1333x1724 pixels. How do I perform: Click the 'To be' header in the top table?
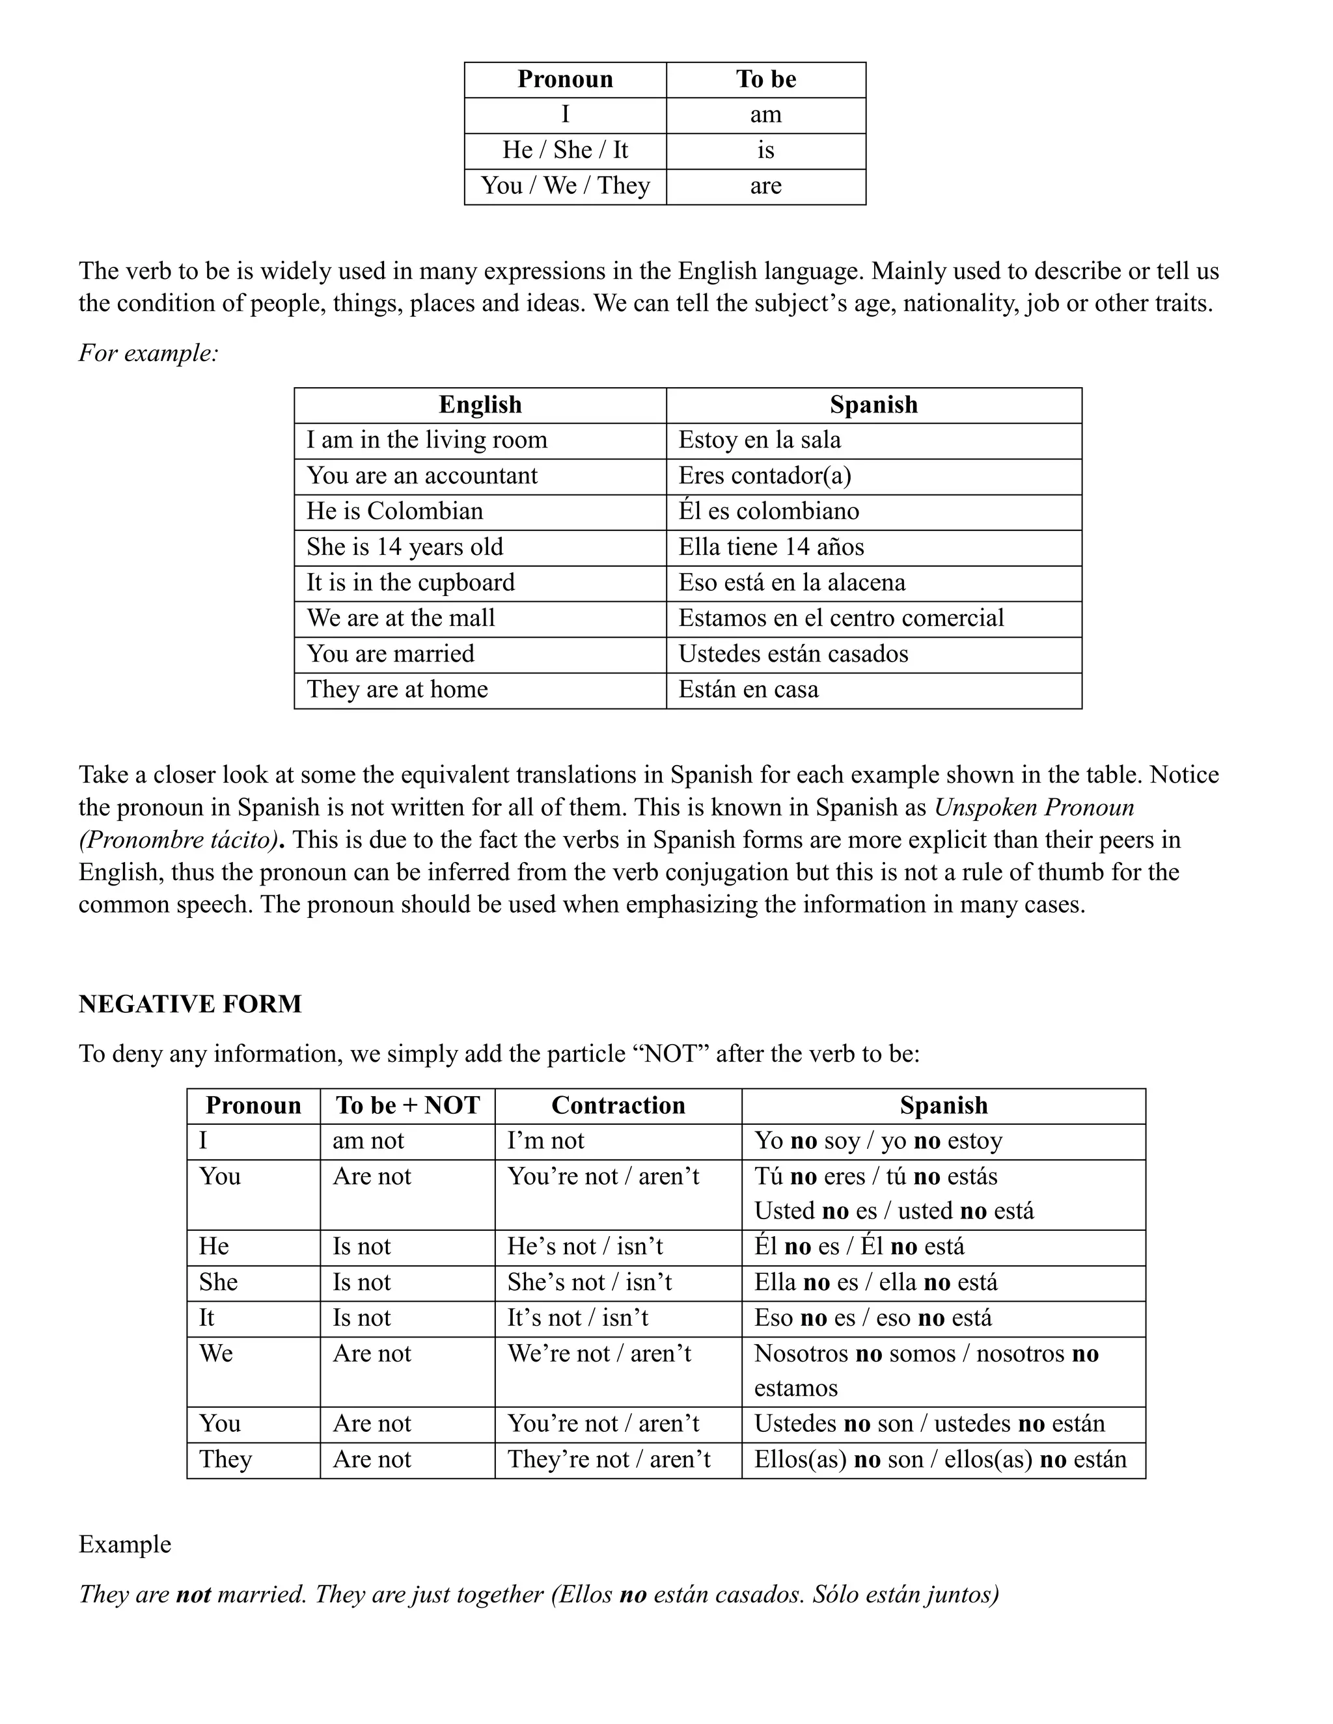[765, 80]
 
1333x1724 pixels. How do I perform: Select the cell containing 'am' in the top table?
[765, 115]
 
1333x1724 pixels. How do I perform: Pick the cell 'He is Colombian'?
[395, 511]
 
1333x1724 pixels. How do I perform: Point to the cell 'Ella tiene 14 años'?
[771, 547]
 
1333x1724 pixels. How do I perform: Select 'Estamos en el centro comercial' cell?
[840, 618]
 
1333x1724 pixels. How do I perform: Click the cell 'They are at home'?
[397, 690]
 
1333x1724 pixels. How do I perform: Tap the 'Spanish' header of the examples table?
[873, 405]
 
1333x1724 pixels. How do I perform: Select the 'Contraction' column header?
[618, 1105]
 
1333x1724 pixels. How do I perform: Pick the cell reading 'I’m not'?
[545, 1142]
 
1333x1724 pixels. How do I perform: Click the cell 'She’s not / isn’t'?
[589, 1282]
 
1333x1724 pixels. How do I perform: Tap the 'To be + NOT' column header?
[407, 1105]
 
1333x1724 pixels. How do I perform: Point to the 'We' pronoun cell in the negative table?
[215, 1354]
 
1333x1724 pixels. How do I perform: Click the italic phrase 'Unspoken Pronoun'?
[1034, 807]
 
